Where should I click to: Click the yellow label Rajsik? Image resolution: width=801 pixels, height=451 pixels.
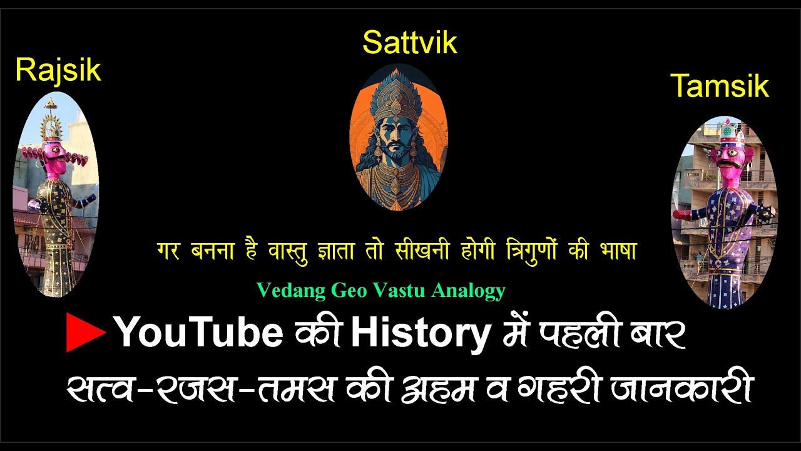coord(58,70)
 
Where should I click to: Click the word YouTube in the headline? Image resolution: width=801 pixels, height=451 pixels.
coord(199,333)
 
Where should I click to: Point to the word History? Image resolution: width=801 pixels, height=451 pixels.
coord(420,333)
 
